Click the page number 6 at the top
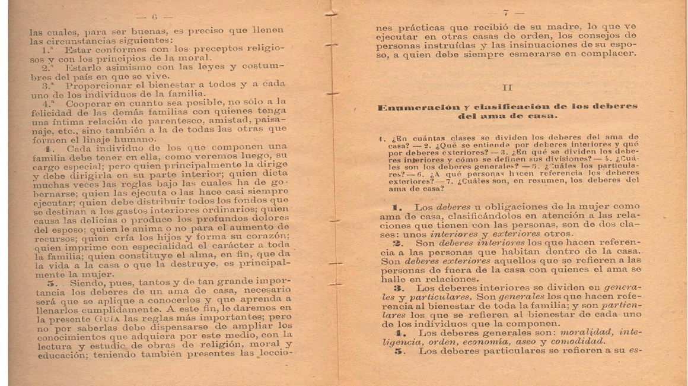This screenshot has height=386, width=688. [154, 16]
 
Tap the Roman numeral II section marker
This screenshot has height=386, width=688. [507, 87]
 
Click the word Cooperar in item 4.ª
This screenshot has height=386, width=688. [88, 102]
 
